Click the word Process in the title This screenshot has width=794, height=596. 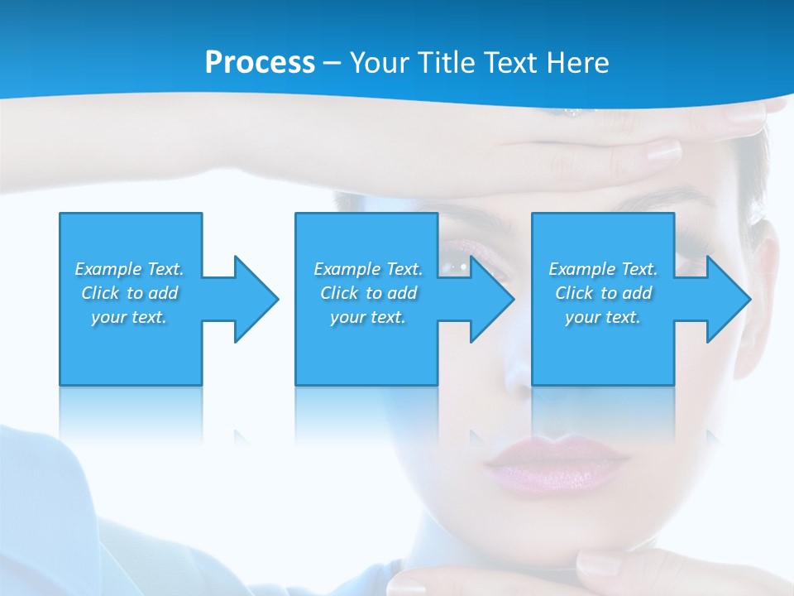pos(260,63)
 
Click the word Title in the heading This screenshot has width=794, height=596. pos(442,63)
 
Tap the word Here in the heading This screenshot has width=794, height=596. pos(577,63)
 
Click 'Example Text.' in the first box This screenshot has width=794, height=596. pos(129,269)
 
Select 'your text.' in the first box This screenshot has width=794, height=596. pos(129,317)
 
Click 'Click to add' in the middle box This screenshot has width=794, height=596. pos(368,293)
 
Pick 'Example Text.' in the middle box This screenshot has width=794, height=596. pos(368,269)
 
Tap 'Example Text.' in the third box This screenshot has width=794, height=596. pos(603,269)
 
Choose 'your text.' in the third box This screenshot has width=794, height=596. pos(603,317)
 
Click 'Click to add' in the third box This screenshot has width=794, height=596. pos(603,293)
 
